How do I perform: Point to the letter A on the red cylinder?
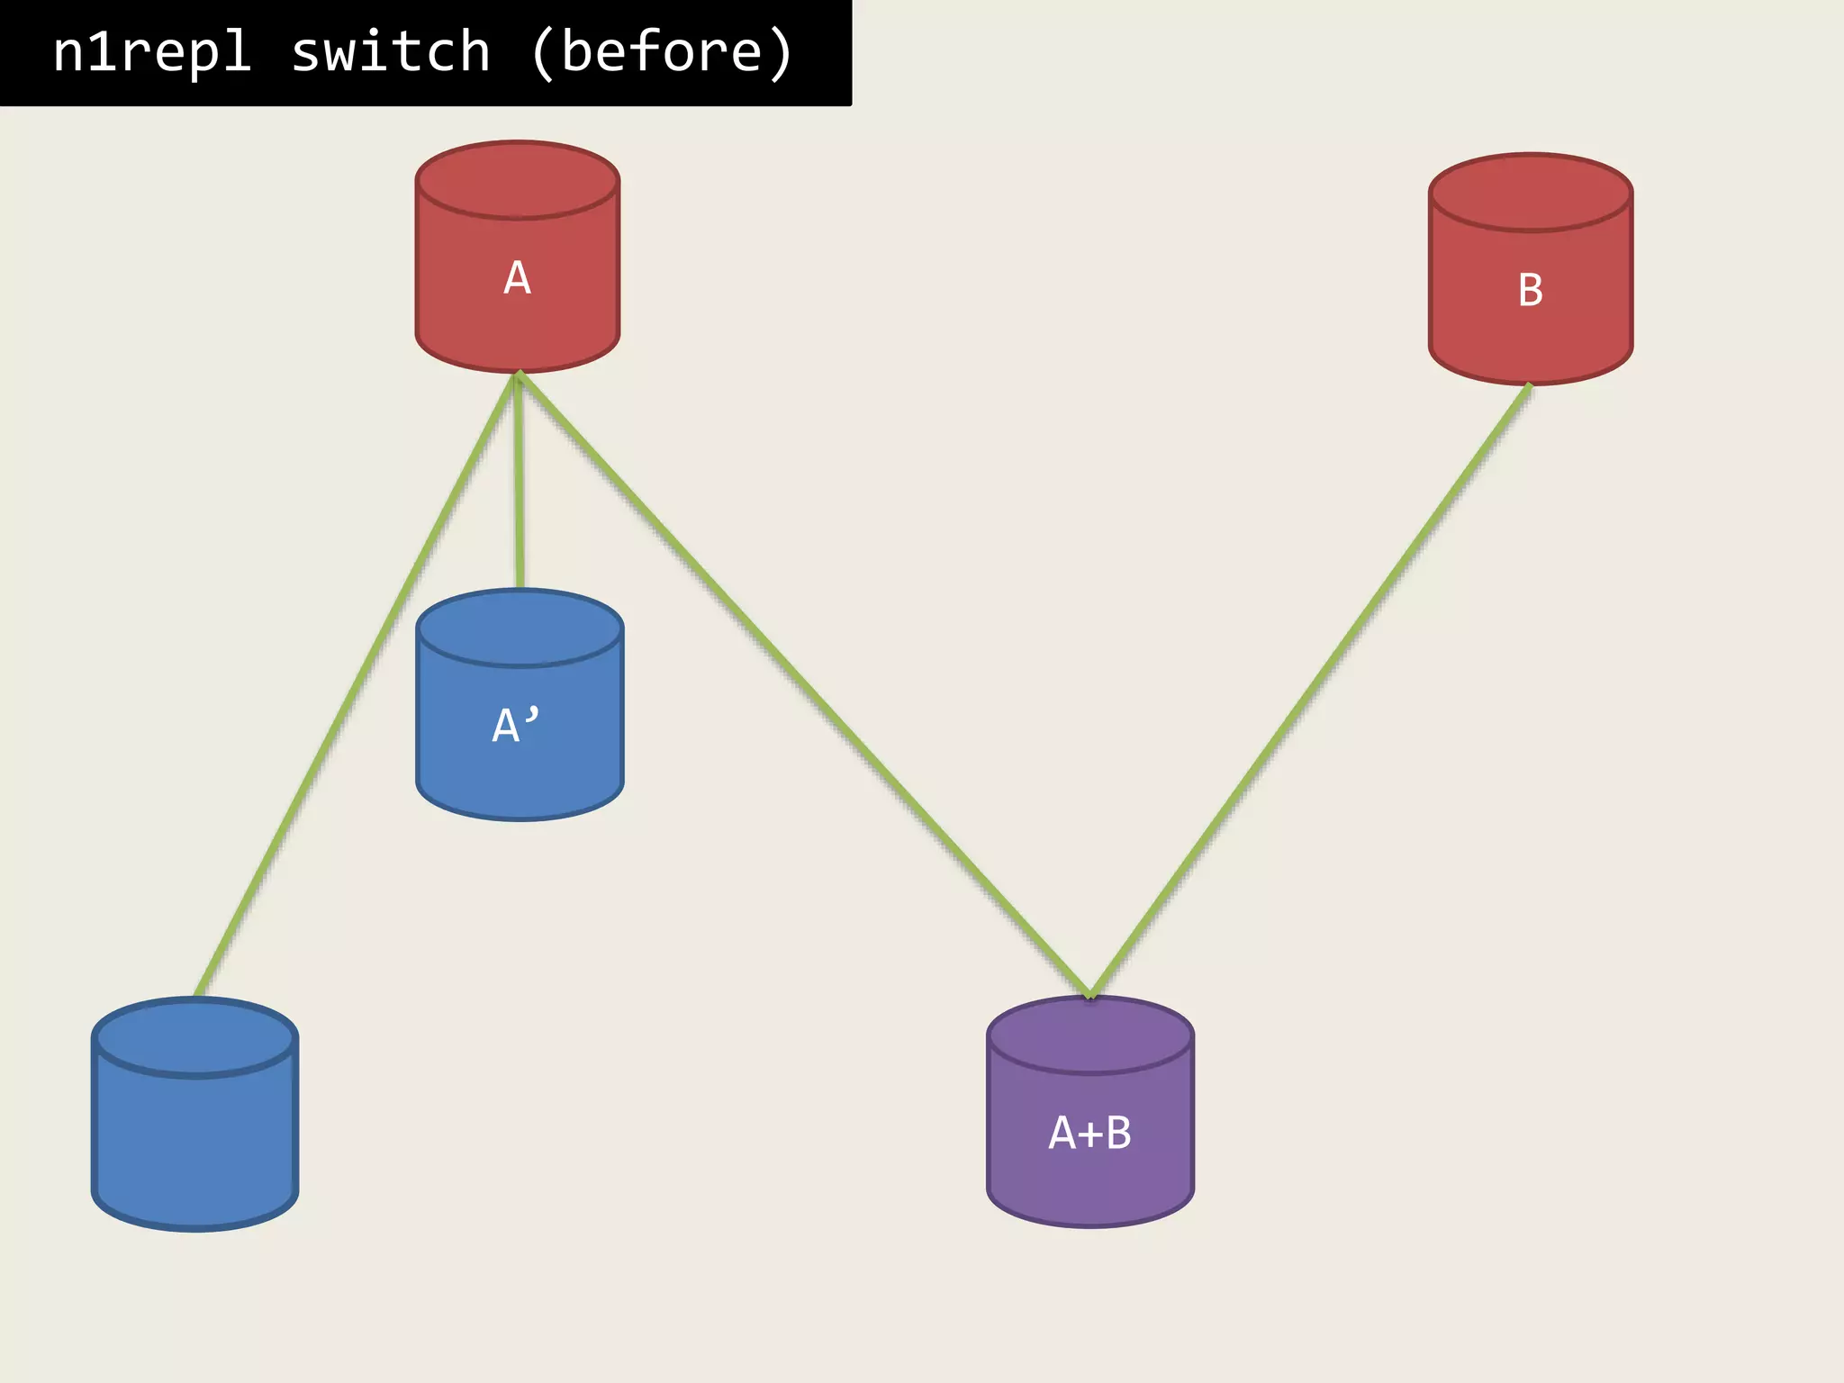[517, 277]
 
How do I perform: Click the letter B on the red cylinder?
[1531, 290]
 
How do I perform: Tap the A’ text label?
[516, 725]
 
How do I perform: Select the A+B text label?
[1089, 1132]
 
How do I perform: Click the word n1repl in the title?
[151, 51]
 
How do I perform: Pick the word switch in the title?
[391, 51]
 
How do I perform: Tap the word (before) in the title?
[662, 51]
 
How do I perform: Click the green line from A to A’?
[519, 486]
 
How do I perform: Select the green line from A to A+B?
[801, 684]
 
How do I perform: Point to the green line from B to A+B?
[1310, 689]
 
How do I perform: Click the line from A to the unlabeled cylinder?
[356, 684]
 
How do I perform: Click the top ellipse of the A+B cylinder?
[1089, 1035]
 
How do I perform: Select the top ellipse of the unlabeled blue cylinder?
[194, 1037]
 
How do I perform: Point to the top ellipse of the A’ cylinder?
[520, 628]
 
